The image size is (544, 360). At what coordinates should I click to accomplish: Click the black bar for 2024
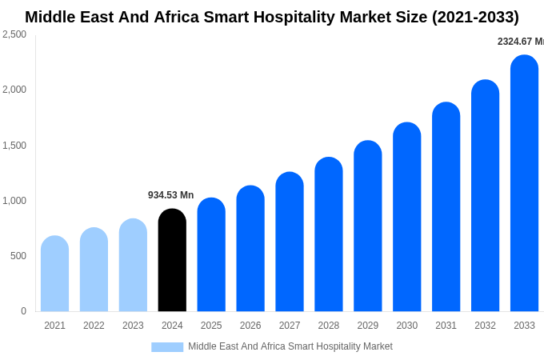(x=172, y=261)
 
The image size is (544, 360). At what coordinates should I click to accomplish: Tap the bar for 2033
(x=524, y=184)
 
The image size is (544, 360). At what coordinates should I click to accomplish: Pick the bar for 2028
(x=328, y=234)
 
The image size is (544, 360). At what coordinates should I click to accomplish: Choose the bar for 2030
(x=406, y=218)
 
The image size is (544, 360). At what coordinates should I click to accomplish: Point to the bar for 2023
(x=133, y=266)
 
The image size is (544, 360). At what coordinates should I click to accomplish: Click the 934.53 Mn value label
(x=170, y=195)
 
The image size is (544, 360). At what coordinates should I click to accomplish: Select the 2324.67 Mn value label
(x=520, y=42)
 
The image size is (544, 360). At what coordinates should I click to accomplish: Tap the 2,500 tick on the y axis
(x=14, y=34)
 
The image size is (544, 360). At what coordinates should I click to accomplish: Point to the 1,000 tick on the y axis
(x=14, y=201)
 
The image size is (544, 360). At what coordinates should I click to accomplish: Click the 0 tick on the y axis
(x=23, y=311)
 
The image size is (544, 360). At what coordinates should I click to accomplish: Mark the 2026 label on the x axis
(x=250, y=326)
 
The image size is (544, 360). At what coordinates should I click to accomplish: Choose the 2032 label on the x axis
(x=485, y=326)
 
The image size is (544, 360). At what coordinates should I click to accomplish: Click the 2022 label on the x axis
(x=94, y=326)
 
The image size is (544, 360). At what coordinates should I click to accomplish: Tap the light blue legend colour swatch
(x=167, y=347)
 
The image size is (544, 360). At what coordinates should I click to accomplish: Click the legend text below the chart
(x=290, y=346)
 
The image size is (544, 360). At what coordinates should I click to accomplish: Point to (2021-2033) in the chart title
(x=475, y=17)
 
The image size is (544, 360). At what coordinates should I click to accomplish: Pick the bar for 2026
(x=250, y=249)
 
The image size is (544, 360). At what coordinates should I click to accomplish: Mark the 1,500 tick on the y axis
(x=14, y=146)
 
